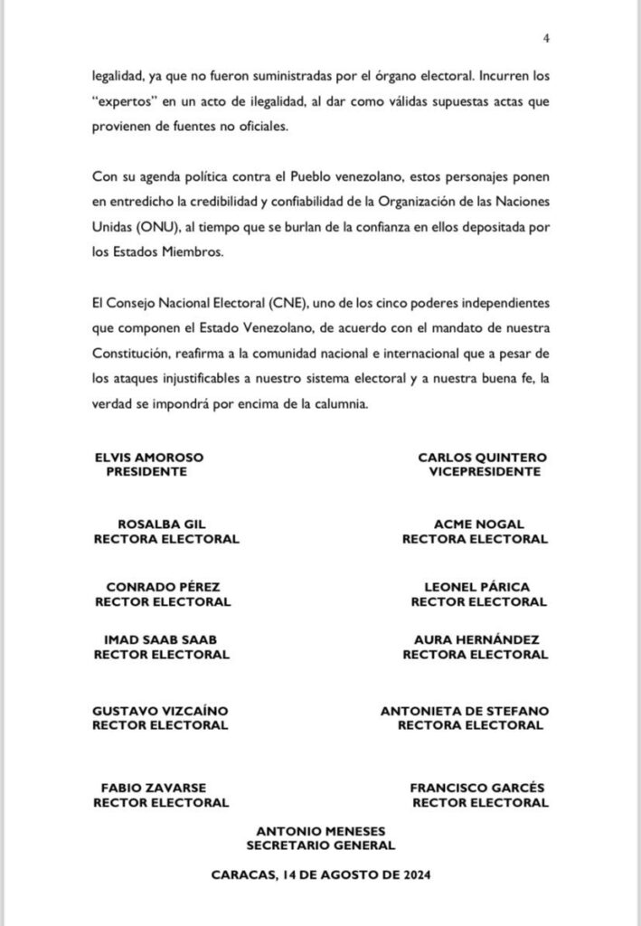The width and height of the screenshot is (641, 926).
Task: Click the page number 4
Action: pyautogui.click(x=547, y=37)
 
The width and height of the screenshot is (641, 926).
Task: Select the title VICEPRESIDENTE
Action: pyautogui.click(x=485, y=471)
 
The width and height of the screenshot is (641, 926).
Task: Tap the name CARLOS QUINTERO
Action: pyautogui.click(x=483, y=458)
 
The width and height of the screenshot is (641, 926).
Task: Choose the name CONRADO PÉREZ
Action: pyautogui.click(x=163, y=587)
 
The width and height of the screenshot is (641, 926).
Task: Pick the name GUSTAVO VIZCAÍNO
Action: pyautogui.click(x=161, y=711)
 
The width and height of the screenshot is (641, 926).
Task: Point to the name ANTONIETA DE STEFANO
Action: pyautogui.click(x=466, y=711)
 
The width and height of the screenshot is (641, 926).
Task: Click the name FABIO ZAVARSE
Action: pyautogui.click(x=161, y=788)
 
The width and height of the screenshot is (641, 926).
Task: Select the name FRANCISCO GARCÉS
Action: pyautogui.click(x=477, y=788)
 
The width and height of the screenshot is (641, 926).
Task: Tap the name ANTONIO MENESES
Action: pyautogui.click(x=322, y=831)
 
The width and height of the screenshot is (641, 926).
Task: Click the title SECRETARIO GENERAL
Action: pyautogui.click(x=322, y=845)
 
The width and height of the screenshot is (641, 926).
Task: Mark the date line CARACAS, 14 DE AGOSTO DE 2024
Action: pyautogui.click(x=322, y=875)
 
